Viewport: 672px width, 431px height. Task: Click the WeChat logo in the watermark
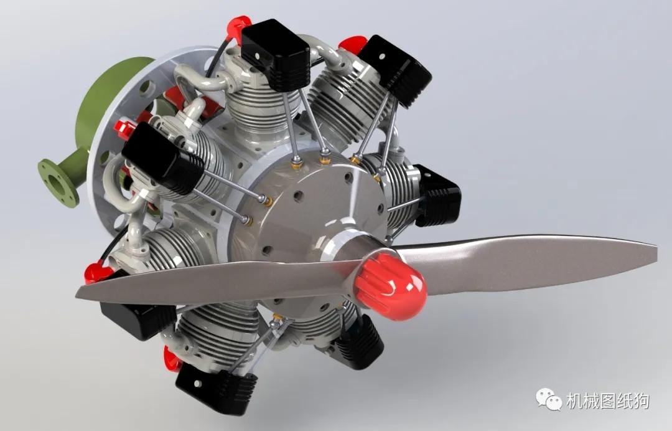tap(548, 399)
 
